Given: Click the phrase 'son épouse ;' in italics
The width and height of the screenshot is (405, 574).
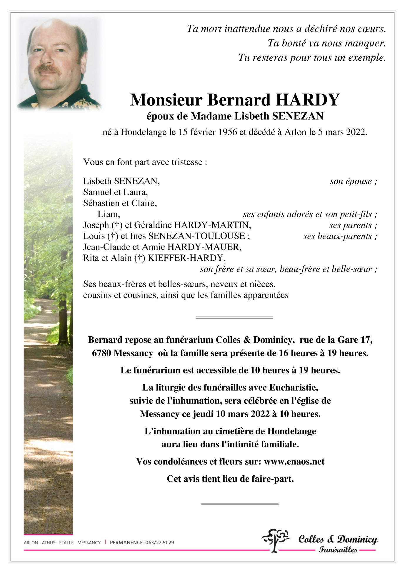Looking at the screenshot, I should pyautogui.click(x=353, y=181).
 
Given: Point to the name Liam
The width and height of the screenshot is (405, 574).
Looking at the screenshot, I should pyautogui.click(x=109, y=214).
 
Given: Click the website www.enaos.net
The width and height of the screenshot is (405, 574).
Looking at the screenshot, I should pyautogui.click(x=294, y=461).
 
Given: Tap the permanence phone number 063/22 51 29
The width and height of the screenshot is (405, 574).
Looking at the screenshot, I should pyautogui.click(x=159, y=542).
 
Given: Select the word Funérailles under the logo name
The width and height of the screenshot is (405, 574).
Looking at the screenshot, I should pyautogui.click(x=338, y=550).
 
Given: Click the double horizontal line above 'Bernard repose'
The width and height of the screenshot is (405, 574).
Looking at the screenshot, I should pyautogui.click(x=234, y=317).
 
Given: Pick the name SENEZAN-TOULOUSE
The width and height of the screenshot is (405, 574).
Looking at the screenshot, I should pyautogui.click(x=196, y=236).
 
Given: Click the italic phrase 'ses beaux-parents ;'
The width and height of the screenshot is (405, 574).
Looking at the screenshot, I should pyautogui.click(x=340, y=236).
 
